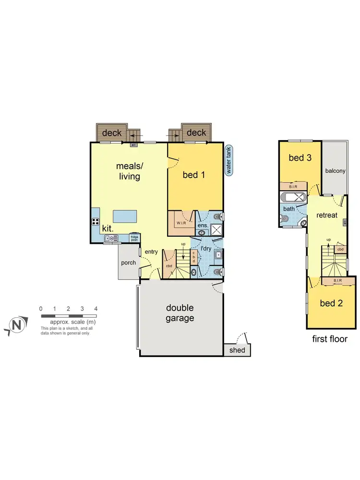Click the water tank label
[x=229, y=160]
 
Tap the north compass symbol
[x=16, y=325]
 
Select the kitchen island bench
[x=125, y=216]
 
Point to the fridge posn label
[x=134, y=239]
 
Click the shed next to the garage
[x=237, y=350]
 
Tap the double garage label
[x=180, y=312]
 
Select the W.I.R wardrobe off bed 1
[x=181, y=224]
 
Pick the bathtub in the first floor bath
[x=293, y=197]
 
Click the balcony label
[x=335, y=171]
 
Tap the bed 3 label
[x=300, y=157]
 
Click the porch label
[x=129, y=263]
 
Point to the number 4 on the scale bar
[x=96, y=308]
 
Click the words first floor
[x=330, y=339]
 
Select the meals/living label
[x=128, y=171]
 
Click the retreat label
[x=327, y=216]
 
